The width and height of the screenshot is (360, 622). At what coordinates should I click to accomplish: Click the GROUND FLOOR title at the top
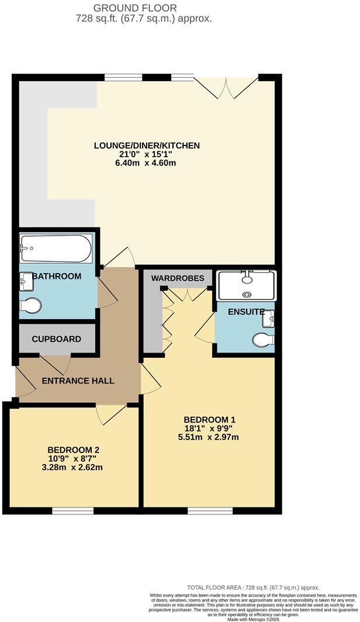click(x=143, y=8)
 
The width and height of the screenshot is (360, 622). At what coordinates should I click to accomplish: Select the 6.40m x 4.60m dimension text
click(x=146, y=163)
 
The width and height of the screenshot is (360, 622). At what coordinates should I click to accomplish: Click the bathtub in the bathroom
click(x=56, y=249)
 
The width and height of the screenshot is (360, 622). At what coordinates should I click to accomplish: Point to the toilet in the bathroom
click(x=30, y=306)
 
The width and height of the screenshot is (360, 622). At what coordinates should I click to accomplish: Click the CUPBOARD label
click(x=56, y=339)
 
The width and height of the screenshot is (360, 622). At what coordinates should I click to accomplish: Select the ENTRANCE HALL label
click(x=78, y=381)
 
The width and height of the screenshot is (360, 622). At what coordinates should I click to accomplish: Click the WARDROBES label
click(x=178, y=278)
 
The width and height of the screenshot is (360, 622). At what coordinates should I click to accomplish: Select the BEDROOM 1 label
click(x=209, y=420)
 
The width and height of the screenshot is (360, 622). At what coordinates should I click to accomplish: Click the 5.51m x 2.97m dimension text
click(x=209, y=437)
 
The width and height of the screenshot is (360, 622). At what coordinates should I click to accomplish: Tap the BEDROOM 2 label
click(x=74, y=450)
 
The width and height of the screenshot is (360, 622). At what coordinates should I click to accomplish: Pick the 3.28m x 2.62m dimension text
click(x=74, y=467)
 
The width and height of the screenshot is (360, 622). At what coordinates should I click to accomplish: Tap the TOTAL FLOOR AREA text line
click(x=253, y=587)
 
